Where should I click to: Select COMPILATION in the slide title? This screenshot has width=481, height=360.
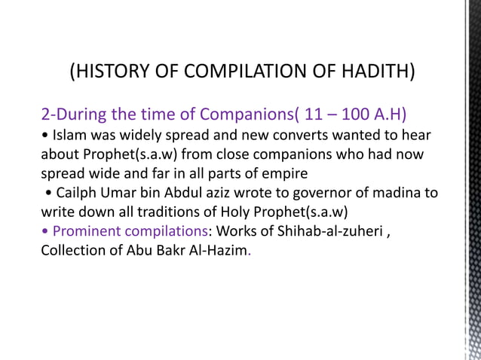point(244,73)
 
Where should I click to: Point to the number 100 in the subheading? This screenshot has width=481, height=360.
point(356,115)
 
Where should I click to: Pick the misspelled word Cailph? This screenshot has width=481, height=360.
point(76,192)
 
